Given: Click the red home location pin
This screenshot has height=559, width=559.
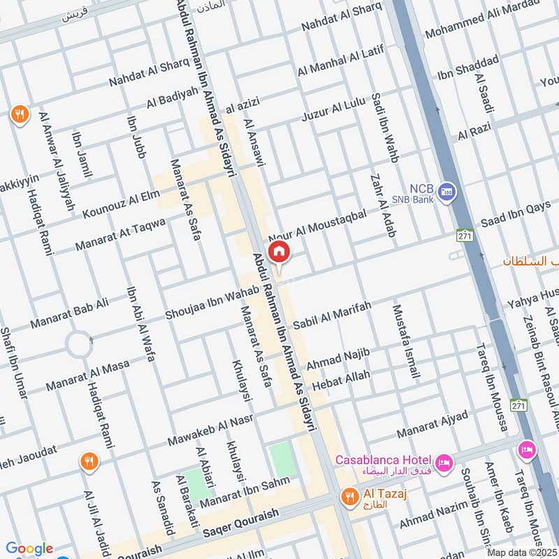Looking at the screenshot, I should coord(279,252).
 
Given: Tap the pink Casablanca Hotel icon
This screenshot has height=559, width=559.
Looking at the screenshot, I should coord(442,463).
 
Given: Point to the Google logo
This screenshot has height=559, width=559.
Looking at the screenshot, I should coord(29,549).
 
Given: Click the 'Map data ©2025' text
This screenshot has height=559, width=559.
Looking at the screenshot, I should coord(522,553).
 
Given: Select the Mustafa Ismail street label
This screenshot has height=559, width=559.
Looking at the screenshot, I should coord(407,341).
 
